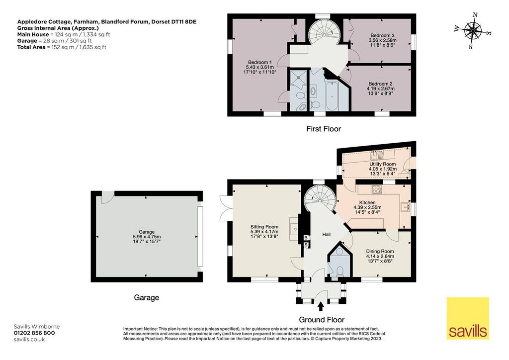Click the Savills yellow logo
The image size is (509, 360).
tap(468, 318)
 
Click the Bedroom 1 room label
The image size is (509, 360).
tap(259, 62)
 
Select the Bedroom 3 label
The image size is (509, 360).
tap(382, 35)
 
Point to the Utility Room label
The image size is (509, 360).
tap(382, 164)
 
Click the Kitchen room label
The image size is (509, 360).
tap(367, 202)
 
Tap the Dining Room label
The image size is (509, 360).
tap(380, 251)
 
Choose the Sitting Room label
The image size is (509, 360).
tap(264, 227)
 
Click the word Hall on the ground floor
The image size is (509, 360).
tap(326, 234)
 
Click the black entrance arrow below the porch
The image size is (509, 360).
tap(321, 307)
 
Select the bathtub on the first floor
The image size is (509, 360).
tap(332, 96)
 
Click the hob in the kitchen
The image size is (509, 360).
tap(377, 189)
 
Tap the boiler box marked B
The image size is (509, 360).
tap(306, 238)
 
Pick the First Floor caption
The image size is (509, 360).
tap(324, 129)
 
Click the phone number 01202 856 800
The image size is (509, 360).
tap(34, 333)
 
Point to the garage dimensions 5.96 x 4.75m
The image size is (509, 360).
tap(147, 237)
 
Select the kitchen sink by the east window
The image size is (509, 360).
tap(405, 207)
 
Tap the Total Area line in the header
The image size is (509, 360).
tap(62, 47)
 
